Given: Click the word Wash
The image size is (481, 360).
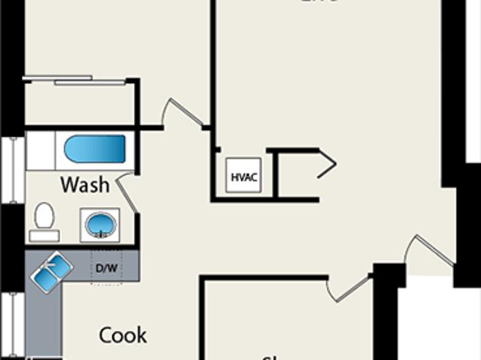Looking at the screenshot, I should pyautogui.click(x=85, y=184).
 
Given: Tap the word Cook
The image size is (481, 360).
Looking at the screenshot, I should pyautogui.click(x=123, y=334).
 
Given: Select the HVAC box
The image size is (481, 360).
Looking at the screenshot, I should pyautogui.click(x=244, y=177).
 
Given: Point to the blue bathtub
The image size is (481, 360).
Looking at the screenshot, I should pyautogui.click(x=95, y=149).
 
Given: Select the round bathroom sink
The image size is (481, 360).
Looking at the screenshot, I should pyautogui.click(x=98, y=224).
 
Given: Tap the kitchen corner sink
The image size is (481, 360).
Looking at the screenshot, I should pyautogui.click(x=51, y=270).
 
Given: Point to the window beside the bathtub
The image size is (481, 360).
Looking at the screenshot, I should pyautogui.click(x=14, y=169).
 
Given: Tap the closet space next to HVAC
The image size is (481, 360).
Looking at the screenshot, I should pyautogui.click(x=297, y=174).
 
